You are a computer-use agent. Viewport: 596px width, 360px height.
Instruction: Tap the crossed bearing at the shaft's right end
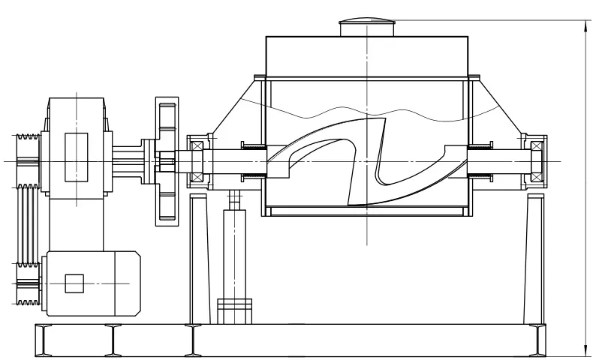tap(537, 161)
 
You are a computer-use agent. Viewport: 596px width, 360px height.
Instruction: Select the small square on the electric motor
tap(75, 283)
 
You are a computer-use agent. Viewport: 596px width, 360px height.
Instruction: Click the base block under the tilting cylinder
tap(235, 311)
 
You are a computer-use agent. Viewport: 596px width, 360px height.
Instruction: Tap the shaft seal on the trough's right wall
tap(480, 161)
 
